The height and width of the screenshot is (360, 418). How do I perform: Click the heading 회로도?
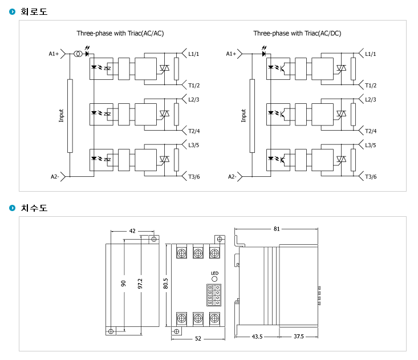click(x=34, y=11)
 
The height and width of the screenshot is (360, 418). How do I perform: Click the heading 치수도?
click(x=34, y=208)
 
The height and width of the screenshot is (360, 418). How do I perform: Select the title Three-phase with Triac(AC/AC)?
click(x=120, y=34)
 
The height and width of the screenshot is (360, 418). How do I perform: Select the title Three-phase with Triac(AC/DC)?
click(x=297, y=34)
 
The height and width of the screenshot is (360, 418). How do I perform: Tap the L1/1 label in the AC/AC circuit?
click(x=194, y=54)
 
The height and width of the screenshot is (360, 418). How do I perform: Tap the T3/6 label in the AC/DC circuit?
click(x=371, y=177)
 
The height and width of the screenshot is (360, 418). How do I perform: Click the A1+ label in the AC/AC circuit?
click(x=54, y=54)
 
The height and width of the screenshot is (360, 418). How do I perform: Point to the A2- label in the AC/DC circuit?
click(x=232, y=177)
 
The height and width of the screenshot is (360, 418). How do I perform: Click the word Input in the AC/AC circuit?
click(x=62, y=116)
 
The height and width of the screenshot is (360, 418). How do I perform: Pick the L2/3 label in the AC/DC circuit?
click(x=371, y=100)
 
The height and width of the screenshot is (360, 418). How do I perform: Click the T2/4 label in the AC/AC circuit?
click(x=194, y=131)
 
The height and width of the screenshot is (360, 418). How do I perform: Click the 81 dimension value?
click(x=277, y=229)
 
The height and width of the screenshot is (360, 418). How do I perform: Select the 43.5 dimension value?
click(x=257, y=337)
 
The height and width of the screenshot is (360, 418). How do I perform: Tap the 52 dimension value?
click(x=197, y=339)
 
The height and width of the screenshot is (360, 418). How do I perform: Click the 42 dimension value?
click(x=132, y=231)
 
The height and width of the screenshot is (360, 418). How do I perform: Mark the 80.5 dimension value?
click(x=165, y=284)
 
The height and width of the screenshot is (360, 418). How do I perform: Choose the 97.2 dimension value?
click(x=140, y=284)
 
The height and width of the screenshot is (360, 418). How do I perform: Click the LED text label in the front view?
click(x=214, y=273)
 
